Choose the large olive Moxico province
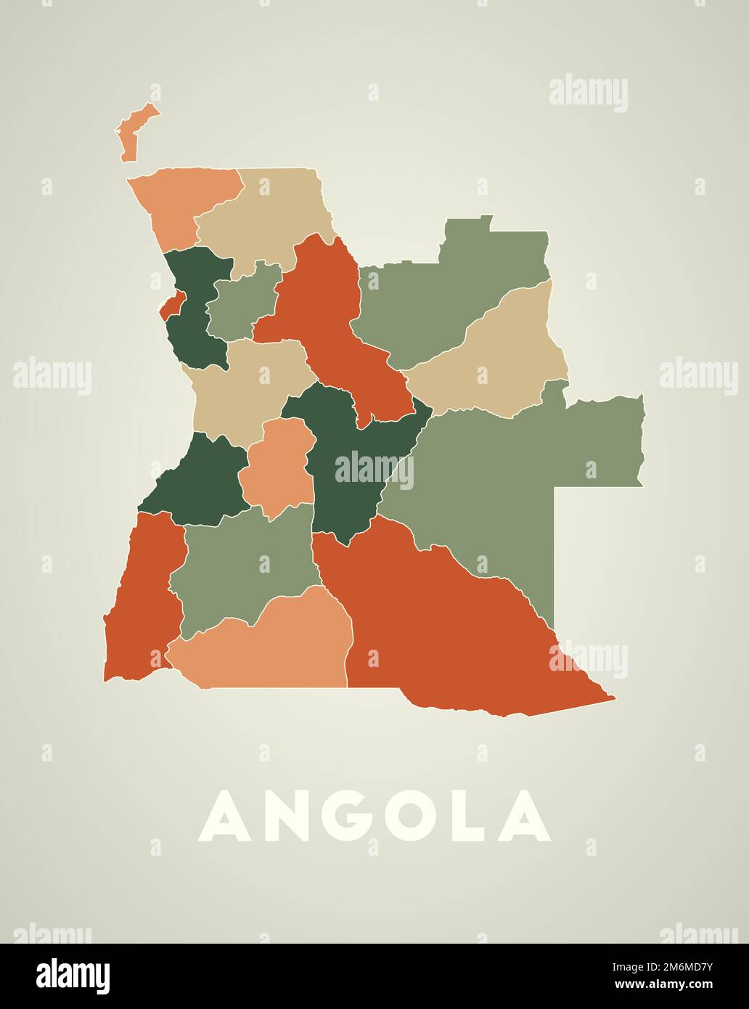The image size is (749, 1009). click(508, 472)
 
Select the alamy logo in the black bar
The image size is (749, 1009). click(73, 976)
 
